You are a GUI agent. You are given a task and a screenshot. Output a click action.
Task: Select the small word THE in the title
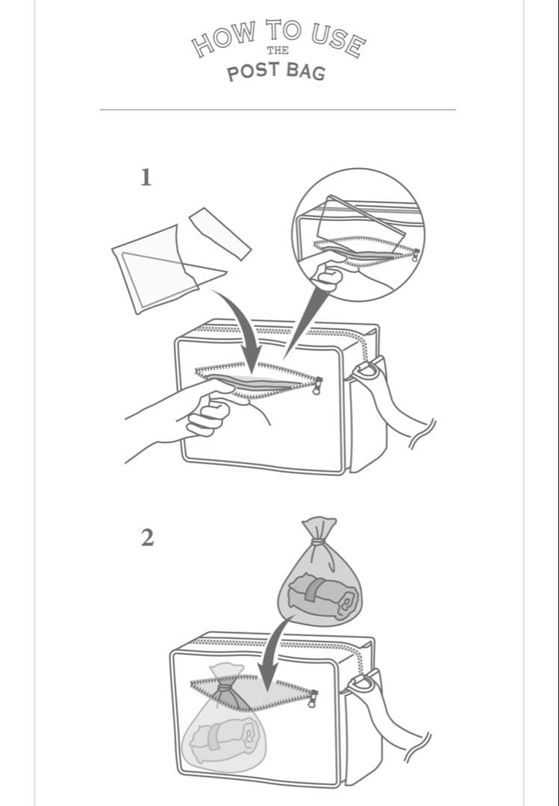pos(278,51)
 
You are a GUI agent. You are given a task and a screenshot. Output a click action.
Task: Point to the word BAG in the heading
pos(306,72)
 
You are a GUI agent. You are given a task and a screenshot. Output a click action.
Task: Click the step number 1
pos(146,178)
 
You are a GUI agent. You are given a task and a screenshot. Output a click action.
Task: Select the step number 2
pos(147,538)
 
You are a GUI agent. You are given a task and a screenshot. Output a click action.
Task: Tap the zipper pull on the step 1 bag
pos(317,386)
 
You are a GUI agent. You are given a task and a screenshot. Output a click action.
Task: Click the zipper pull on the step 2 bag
pos(312,699)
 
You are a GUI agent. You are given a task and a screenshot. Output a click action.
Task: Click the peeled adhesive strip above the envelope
pos(220,234)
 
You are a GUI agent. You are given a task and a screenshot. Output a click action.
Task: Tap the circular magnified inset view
pos(358,235)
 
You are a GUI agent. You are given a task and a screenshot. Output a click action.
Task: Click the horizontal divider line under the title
pos(278,110)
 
